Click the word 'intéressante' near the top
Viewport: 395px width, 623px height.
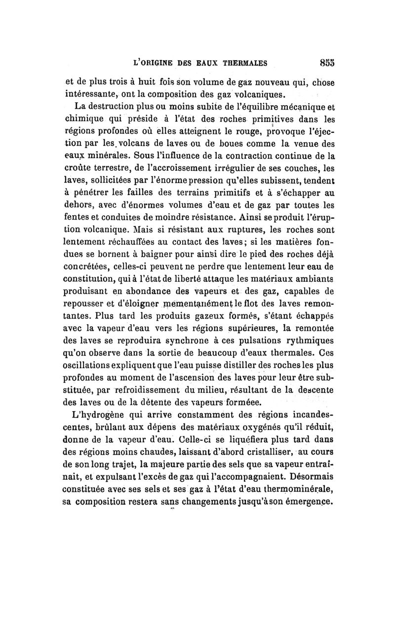click(88, 94)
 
